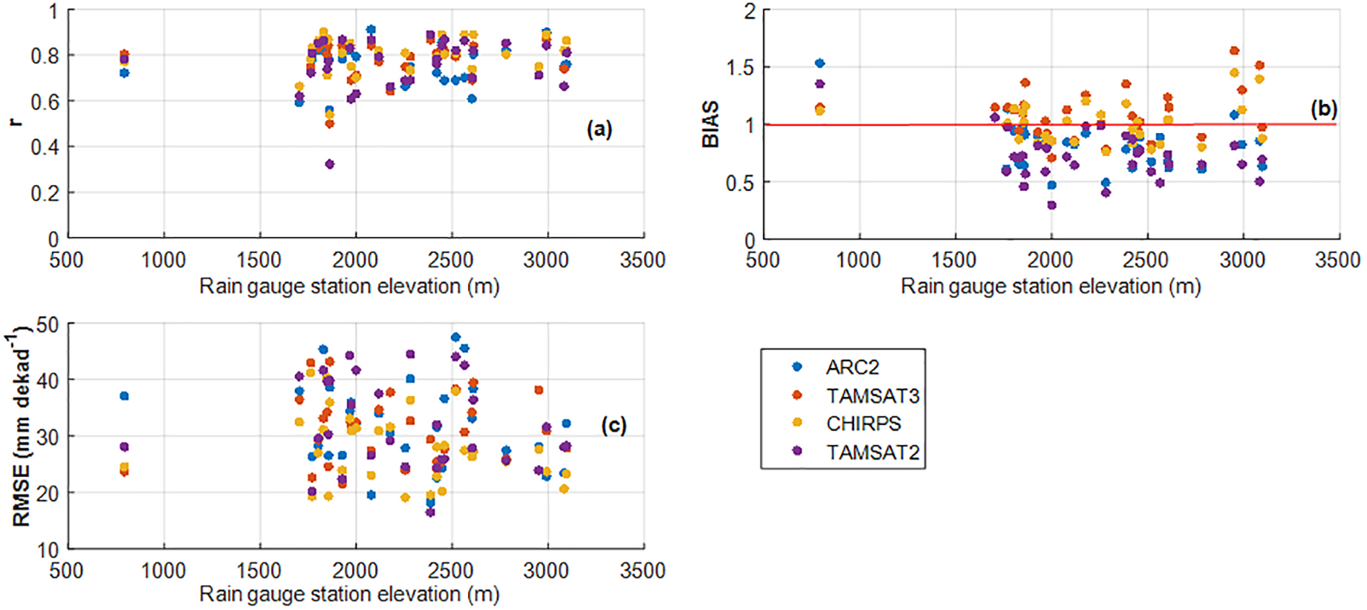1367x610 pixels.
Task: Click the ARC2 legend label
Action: coord(853,367)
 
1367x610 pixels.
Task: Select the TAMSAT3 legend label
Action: coord(872,396)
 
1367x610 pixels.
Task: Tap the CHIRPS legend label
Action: coord(863,424)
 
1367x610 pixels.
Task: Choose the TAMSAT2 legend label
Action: coord(872,452)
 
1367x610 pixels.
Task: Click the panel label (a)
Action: coord(599,129)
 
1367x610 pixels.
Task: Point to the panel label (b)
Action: coord(1324,109)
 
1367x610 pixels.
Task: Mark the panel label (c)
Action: coord(613,425)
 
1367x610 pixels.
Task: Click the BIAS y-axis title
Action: coord(710,124)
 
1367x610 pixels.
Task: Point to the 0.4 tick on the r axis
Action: coord(45,147)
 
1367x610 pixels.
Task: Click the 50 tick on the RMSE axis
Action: coord(48,325)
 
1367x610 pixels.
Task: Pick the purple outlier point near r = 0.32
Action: coord(329,164)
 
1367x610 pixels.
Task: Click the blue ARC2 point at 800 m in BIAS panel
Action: coord(819,63)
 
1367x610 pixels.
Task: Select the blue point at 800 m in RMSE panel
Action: coord(124,396)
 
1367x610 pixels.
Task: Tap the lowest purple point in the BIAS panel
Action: coord(1051,205)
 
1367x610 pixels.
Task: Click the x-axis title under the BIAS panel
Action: coord(1051,287)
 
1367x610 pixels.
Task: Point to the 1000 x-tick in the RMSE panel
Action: coord(163,570)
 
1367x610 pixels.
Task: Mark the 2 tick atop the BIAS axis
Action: coord(750,12)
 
